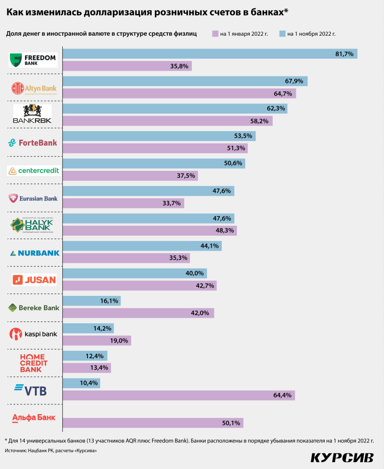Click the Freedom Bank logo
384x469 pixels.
tap(33, 60)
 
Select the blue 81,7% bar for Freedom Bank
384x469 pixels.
tap(209, 54)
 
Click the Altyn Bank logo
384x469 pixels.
tap(33, 87)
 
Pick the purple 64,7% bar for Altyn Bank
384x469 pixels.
tap(179, 93)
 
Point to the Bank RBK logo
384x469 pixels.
tap(33, 115)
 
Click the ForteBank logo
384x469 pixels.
tap(33, 142)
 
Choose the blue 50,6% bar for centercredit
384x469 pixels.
tap(154, 164)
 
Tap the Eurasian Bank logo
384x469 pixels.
tap(33, 198)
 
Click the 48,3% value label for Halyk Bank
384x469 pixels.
tap(225, 231)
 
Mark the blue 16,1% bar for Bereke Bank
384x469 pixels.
tap(91, 301)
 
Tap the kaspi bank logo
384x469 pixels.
tap(33, 334)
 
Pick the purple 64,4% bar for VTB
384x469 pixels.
tap(178, 395)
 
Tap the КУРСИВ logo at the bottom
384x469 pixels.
tap(341, 458)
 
